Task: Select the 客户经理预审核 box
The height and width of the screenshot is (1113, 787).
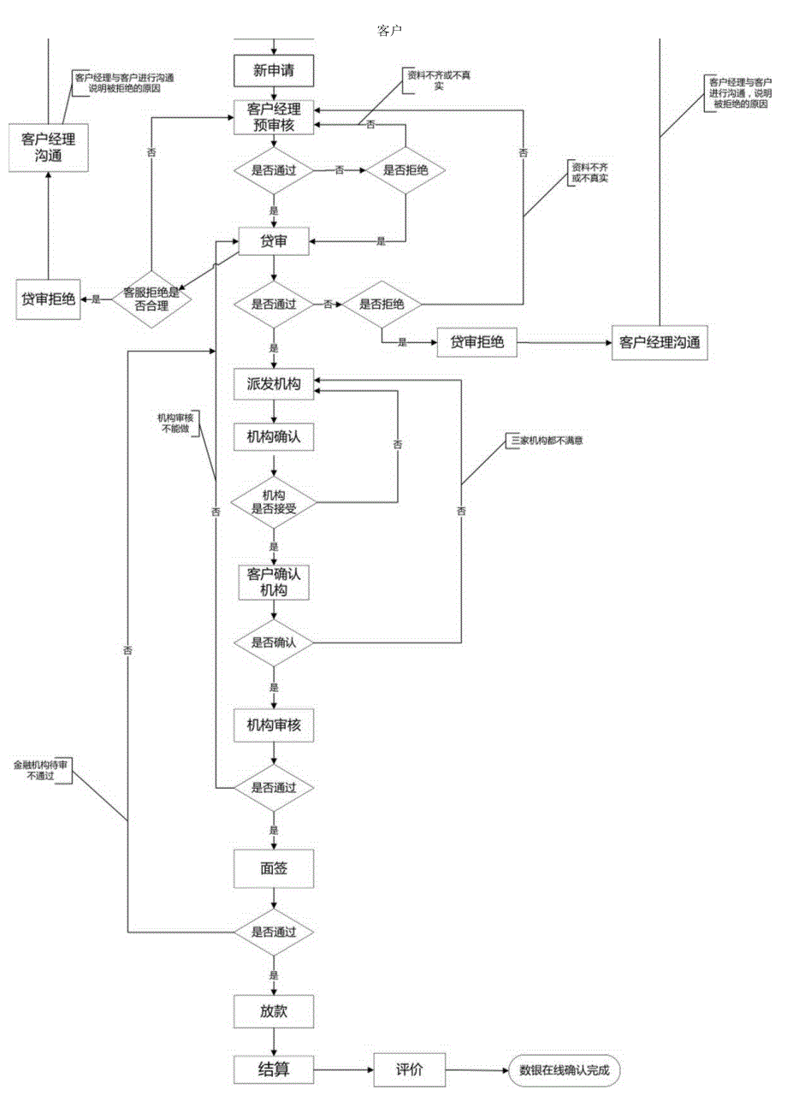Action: pos(274,117)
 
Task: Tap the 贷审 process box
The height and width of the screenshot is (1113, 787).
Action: pos(274,242)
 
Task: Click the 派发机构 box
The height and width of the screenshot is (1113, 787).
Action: pos(274,386)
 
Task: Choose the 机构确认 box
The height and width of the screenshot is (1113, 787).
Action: pos(274,435)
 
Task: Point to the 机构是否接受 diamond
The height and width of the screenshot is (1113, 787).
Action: pos(274,501)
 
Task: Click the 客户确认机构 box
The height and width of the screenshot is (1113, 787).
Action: pos(274,581)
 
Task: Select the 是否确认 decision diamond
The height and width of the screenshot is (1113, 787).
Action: pos(274,642)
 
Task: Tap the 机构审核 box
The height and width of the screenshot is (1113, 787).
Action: pos(274,725)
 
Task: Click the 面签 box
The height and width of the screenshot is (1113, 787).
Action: pos(274,868)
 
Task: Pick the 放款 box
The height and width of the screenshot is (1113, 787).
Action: pos(274,1010)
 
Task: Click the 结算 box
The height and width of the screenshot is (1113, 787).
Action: pos(274,1069)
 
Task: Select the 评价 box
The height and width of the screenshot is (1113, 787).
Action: pos(409,1069)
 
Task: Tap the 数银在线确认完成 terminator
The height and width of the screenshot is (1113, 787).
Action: pos(564,1069)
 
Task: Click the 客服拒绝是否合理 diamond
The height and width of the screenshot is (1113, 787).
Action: pos(151,298)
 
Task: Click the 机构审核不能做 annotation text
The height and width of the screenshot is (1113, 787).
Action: pos(175,423)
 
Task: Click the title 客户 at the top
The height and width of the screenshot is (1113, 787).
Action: pos(390,31)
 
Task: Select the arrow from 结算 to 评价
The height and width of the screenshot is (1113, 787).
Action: pos(342,1069)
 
